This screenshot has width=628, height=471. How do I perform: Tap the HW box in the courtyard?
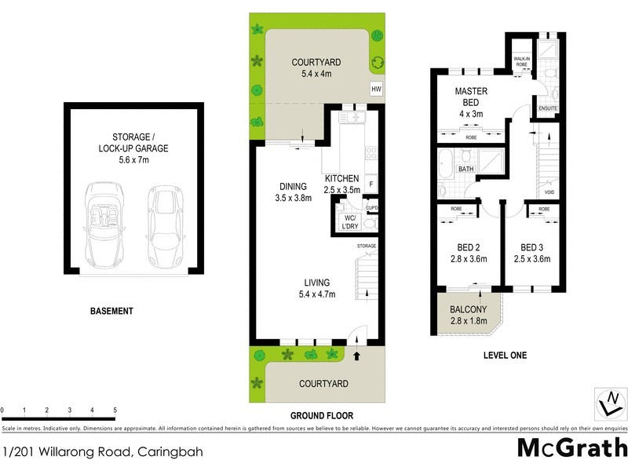(x=376, y=89)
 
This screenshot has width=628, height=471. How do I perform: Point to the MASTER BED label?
(x=471, y=97)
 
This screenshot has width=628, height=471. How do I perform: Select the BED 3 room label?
(x=531, y=252)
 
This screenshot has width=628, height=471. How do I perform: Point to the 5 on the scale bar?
(x=115, y=411)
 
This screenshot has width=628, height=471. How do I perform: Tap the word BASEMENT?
(x=111, y=312)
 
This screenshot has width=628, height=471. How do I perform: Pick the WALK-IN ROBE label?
(x=522, y=62)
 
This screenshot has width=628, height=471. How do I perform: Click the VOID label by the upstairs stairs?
(x=549, y=192)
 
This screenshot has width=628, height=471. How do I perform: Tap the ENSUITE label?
(x=547, y=108)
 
